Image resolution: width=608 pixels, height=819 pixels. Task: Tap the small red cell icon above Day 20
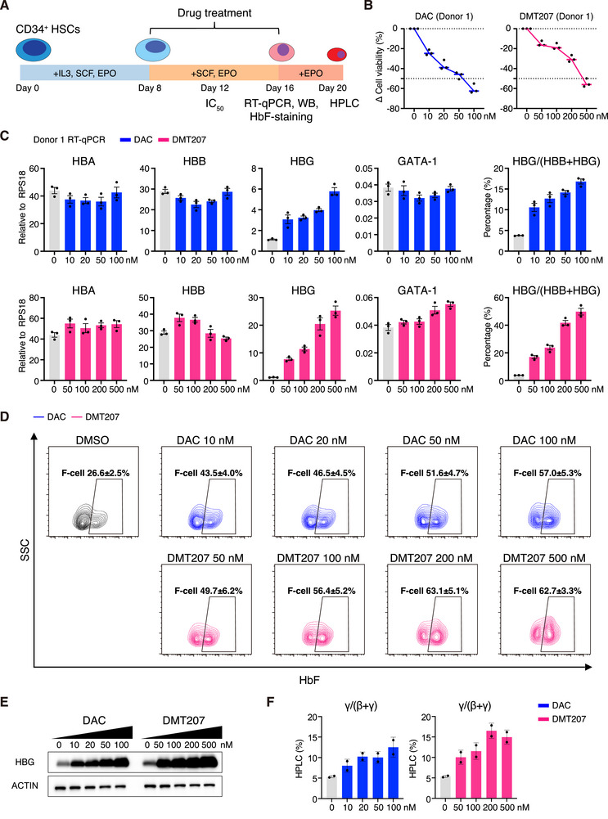pos(336,54)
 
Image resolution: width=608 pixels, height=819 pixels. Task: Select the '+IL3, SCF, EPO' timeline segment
pos(84,73)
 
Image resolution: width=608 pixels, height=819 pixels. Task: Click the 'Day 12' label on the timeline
pos(214,88)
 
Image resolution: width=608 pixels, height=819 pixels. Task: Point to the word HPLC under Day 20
pos(345,103)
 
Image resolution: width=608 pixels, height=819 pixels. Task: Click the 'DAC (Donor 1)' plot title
pos(444,16)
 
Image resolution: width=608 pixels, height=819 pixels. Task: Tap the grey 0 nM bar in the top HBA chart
pos(54,221)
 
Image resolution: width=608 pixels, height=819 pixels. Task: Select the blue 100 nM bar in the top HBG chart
pos(335,222)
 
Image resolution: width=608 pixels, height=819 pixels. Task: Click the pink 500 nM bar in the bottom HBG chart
pos(336,346)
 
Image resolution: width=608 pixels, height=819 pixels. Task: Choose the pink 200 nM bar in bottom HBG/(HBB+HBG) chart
pos(565,352)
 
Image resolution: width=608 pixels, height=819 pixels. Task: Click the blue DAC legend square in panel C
pos(125,139)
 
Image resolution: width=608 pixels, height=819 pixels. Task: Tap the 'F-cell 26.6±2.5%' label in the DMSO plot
pos(96,473)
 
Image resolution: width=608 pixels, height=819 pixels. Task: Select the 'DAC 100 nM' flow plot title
pos(544,440)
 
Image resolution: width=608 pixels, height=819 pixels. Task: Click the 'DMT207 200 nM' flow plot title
pos(431,558)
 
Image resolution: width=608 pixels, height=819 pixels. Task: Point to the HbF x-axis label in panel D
pos(309,680)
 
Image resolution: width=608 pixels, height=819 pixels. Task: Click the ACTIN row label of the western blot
pos(25,785)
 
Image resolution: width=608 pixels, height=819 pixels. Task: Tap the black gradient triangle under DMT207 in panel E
pos(182,732)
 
